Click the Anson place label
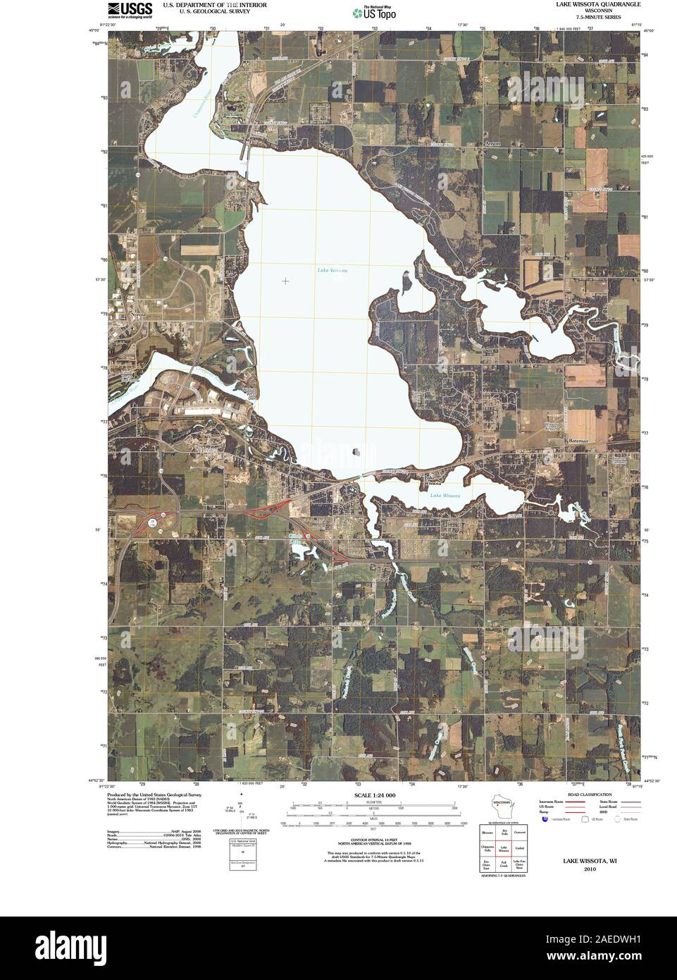pyautogui.click(x=492, y=143)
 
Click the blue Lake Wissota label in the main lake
pyautogui.click(x=332, y=270)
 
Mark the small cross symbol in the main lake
pyautogui.click(x=285, y=281)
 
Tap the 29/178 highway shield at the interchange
pyautogui.click(x=152, y=522)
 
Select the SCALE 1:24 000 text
pyautogui.click(x=370, y=795)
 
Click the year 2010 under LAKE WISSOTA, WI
pyautogui.click(x=589, y=869)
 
